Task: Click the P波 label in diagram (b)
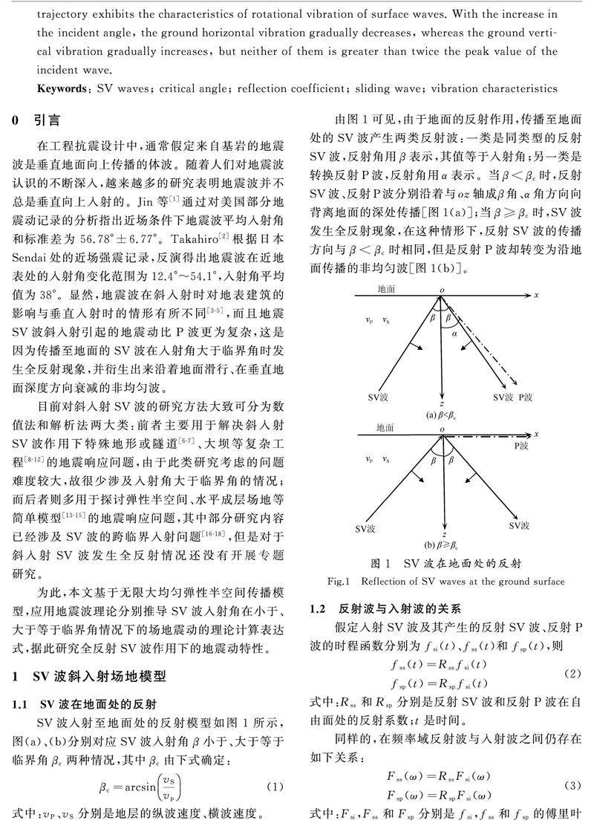coord(524,448)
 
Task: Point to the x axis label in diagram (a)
coord(536,295)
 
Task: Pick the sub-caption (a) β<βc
coord(443,415)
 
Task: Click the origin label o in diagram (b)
coord(442,429)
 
